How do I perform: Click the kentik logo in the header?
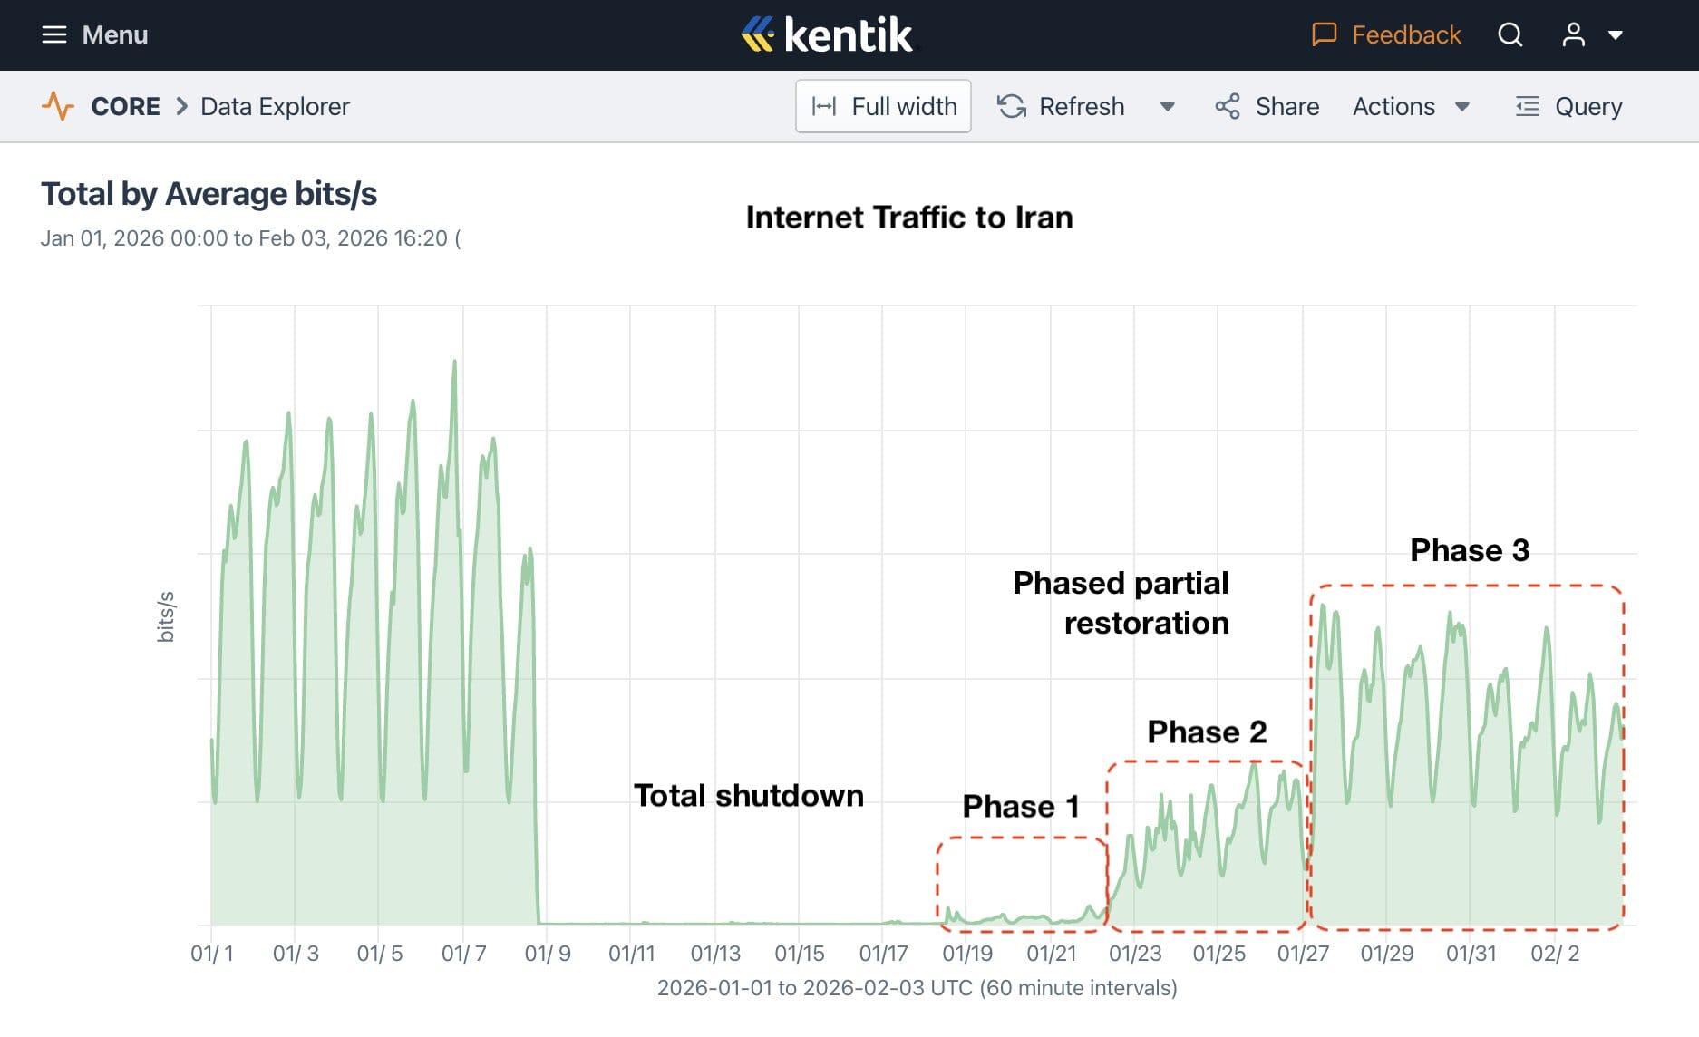pyautogui.click(x=826, y=34)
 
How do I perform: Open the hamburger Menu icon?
pyautogui.click(x=54, y=34)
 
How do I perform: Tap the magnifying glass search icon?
pyautogui.click(x=1510, y=34)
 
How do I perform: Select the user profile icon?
pyautogui.click(x=1574, y=34)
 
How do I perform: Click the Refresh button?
pyautogui.click(x=1061, y=106)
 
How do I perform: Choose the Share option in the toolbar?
pyautogui.click(x=1267, y=106)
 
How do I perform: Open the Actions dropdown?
pyautogui.click(x=1410, y=106)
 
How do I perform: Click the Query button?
pyautogui.click(x=1568, y=106)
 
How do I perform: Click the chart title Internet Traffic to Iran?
pyautogui.click(x=908, y=218)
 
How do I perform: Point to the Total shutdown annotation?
pyautogui.click(x=748, y=795)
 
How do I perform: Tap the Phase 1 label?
pyautogui.click(x=1020, y=806)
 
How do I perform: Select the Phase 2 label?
pyautogui.click(x=1206, y=732)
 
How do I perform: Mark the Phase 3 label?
pyautogui.click(x=1469, y=550)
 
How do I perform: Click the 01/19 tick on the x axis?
pyautogui.click(x=966, y=954)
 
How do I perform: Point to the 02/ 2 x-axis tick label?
pyautogui.click(x=1554, y=954)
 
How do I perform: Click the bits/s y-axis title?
pyautogui.click(x=165, y=616)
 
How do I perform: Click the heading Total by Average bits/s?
pyautogui.click(x=209, y=194)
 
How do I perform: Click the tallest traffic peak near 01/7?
pyautogui.click(x=454, y=363)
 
